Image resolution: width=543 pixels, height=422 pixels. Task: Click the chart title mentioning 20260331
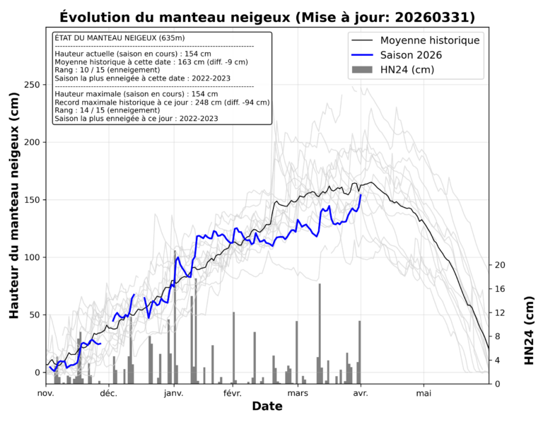tap(267, 17)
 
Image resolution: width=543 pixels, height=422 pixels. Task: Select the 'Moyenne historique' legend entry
tap(430, 40)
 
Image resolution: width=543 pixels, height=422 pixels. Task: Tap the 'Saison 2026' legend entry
tap(416, 55)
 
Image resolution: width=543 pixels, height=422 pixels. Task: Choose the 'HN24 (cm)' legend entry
tap(407, 69)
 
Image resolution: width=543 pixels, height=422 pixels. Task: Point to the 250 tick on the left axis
tap(32, 85)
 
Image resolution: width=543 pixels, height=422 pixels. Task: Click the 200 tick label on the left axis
tap(32, 142)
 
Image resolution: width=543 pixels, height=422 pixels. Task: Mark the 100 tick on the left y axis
tap(32, 257)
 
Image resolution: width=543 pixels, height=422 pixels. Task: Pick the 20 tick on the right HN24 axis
tap(500, 265)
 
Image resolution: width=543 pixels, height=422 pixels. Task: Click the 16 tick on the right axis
tap(500, 288)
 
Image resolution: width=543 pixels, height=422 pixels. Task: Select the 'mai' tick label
tap(424, 393)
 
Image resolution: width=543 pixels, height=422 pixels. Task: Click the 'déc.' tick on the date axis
tap(108, 393)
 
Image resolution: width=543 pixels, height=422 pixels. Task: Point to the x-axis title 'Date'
tap(267, 406)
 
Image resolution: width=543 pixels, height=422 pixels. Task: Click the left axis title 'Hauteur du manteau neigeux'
tap(14, 212)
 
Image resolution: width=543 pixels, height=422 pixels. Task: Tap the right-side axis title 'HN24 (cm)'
tap(530, 330)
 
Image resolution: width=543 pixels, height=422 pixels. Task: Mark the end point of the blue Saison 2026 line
tap(361, 194)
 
